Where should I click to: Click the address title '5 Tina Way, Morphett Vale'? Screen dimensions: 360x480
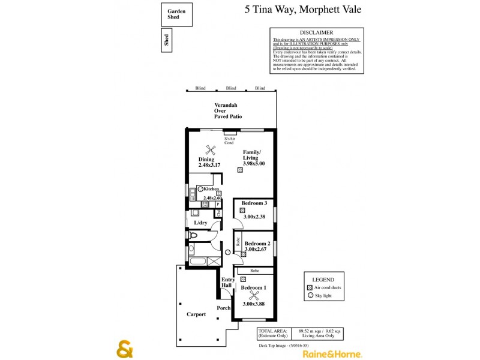[x=303, y=9]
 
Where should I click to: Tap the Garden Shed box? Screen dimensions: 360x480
[x=176, y=14]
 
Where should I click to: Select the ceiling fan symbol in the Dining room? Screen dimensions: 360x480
[x=210, y=151]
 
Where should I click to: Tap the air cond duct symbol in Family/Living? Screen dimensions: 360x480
[x=240, y=170]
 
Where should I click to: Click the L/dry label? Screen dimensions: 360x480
[x=200, y=223]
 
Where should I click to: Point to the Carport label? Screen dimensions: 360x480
[x=196, y=314]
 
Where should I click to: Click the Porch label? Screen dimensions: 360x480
[x=224, y=308]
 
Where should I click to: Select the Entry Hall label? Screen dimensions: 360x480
[x=228, y=283]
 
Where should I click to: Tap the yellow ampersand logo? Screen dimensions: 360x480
[x=124, y=349]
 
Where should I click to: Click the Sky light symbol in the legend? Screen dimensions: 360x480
[x=310, y=296]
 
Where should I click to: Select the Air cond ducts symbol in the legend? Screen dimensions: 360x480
[x=310, y=288]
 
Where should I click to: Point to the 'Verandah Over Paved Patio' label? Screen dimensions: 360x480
[x=227, y=111]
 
